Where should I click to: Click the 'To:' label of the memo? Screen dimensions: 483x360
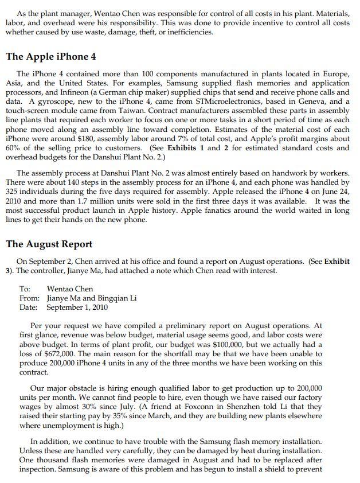[x=25, y=289]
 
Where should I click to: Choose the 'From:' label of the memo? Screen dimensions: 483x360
[x=29, y=298]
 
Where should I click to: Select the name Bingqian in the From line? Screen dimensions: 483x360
[x=111, y=298]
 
